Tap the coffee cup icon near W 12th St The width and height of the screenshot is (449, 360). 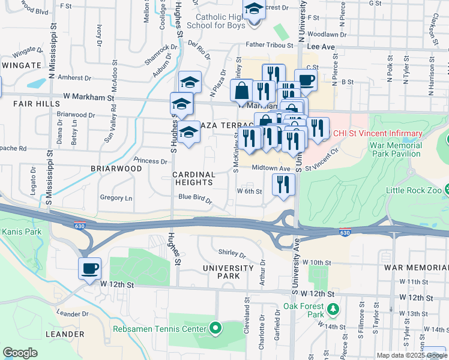click(89, 268)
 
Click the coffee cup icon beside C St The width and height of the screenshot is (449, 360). click(306, 80)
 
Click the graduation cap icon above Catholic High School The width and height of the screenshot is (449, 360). click(253, 11)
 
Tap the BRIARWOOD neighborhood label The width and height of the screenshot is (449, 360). click(116, 169)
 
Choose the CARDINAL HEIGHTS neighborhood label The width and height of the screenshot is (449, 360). click(194, 178)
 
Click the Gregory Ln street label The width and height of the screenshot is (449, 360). click(116, 197)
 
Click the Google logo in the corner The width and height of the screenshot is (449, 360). click(20, 352)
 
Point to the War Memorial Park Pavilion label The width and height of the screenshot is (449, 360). click(405, 150)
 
